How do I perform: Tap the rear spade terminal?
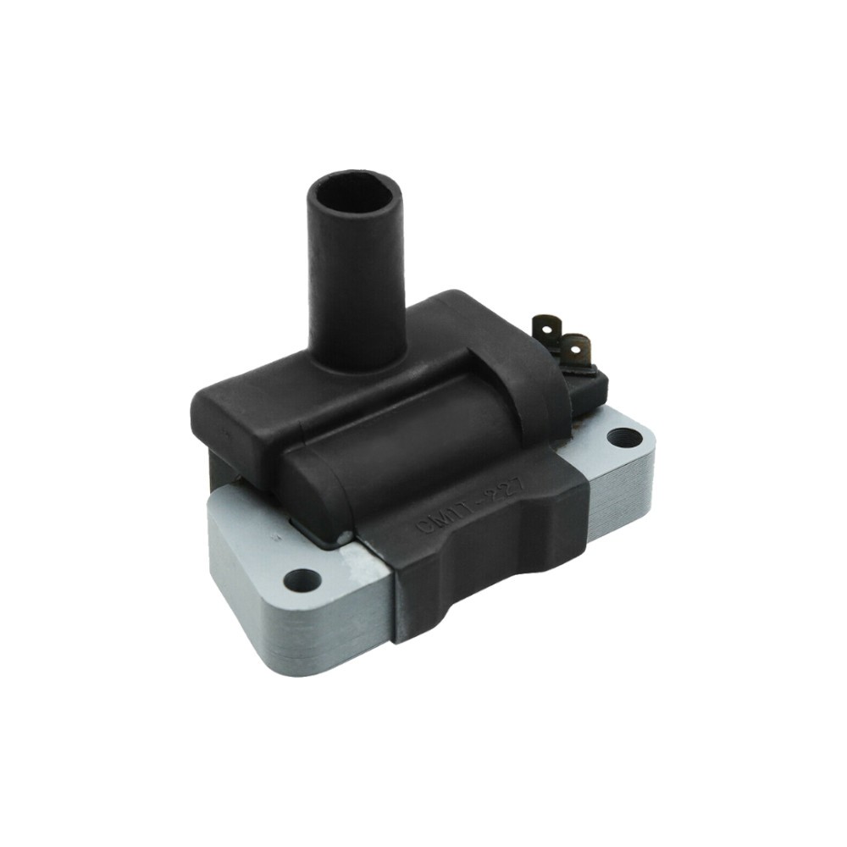coord(544,324)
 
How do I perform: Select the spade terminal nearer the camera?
coord(576,349)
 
